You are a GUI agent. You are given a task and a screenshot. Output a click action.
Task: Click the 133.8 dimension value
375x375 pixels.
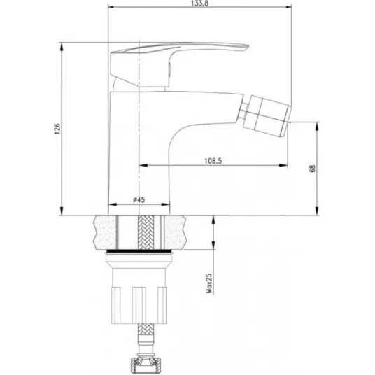point(199,3)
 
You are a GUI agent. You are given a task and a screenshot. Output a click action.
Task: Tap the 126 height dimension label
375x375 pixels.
point(57,129)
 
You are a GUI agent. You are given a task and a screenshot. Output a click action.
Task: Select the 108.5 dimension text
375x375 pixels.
point(213,161)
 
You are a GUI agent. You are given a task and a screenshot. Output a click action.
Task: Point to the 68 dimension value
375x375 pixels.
point(312,169)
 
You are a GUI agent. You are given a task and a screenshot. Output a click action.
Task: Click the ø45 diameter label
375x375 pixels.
point(139,199)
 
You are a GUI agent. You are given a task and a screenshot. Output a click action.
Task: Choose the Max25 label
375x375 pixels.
point(209,283)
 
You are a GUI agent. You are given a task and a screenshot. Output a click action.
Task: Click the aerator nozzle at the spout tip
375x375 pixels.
point(267,115)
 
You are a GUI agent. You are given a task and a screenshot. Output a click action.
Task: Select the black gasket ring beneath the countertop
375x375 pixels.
point(139,251)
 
